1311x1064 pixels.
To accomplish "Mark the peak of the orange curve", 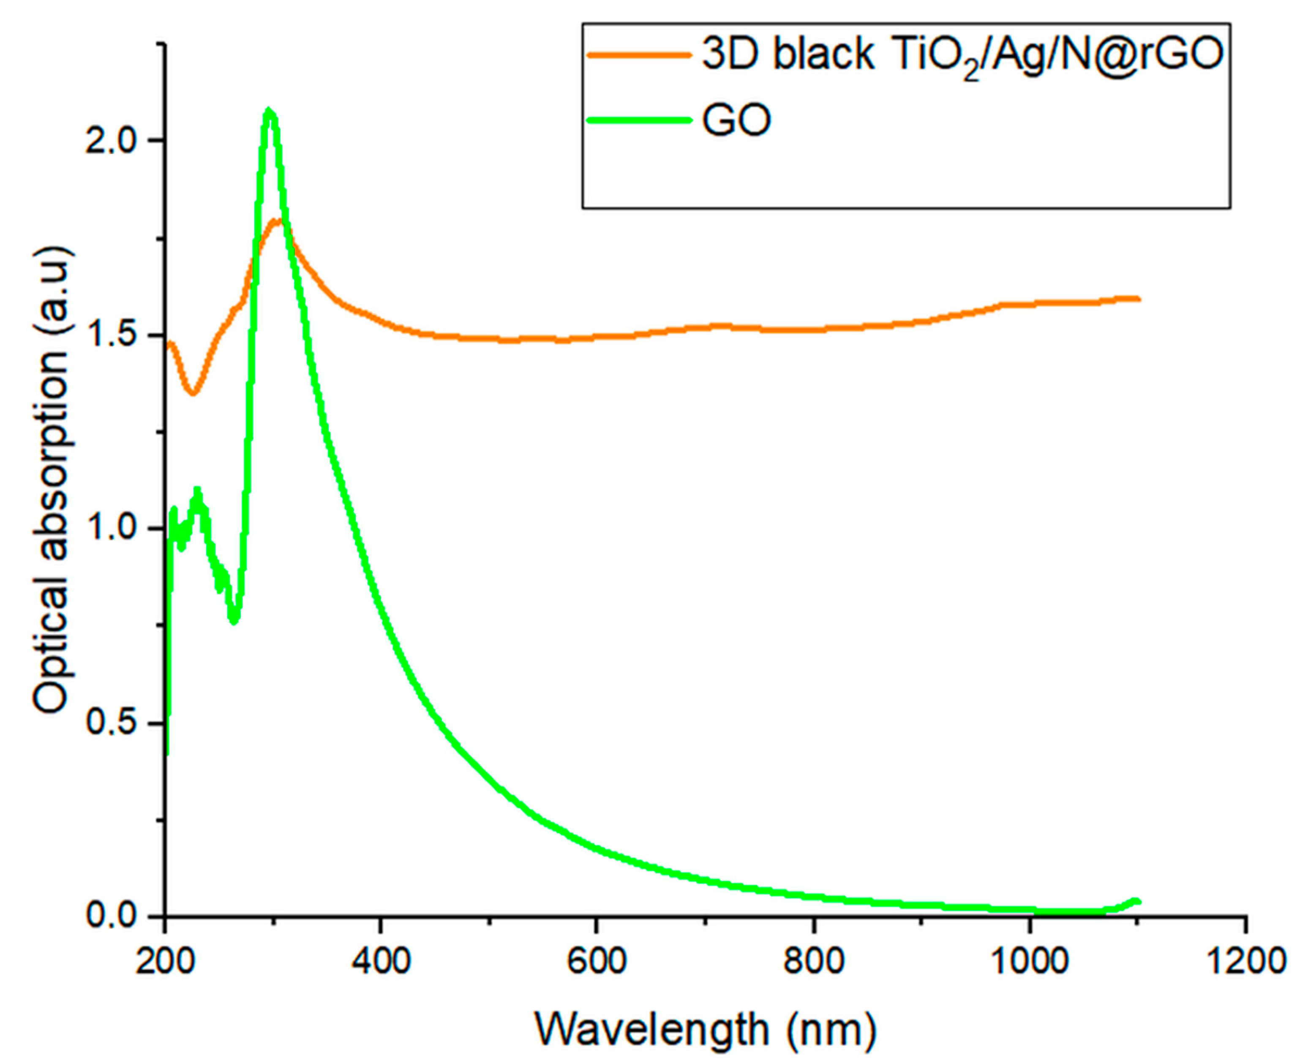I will pos(278,221).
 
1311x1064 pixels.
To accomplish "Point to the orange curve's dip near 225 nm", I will pos(193,393).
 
